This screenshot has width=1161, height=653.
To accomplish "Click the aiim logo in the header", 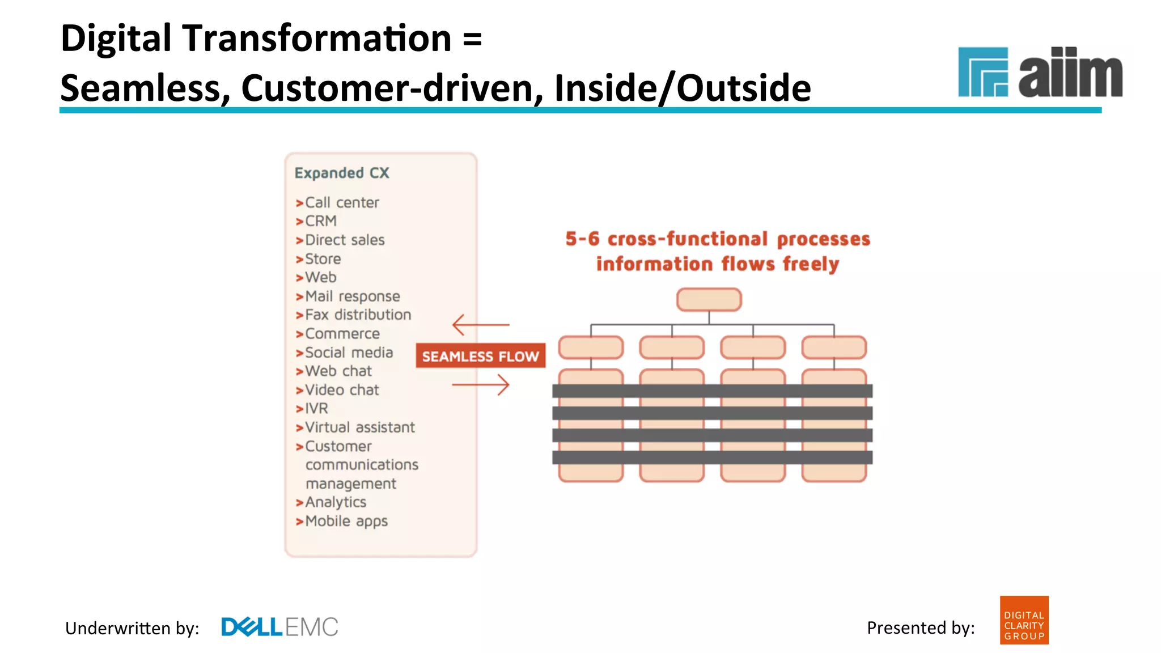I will coord(1040,73).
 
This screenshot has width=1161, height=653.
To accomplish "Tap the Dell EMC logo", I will coord(279,627).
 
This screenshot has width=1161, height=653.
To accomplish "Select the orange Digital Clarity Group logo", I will coord(1024,620).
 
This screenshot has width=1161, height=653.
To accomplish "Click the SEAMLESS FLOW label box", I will coord(480,356).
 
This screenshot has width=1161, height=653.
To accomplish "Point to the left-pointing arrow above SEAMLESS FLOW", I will coord(481,325).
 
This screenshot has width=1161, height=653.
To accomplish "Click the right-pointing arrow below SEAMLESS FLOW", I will coord(481,385).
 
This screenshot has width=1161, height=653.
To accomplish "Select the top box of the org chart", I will coord(709,299).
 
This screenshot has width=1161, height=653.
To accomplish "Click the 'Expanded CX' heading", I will coord(342,173).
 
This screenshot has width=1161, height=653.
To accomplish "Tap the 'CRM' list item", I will coord(320,221).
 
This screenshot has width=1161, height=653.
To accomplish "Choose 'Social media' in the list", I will coord(349,353).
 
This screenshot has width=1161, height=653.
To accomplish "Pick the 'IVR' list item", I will coord(316,409).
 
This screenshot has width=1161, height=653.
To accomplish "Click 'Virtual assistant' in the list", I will coord(360,427).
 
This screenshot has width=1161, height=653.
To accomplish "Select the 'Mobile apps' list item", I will coord(346,521).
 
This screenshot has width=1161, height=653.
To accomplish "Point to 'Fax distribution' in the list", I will coord(358,315).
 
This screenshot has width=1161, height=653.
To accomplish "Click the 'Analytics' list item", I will coord(336,502).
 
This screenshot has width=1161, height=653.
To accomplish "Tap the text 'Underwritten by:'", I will coord(132,628).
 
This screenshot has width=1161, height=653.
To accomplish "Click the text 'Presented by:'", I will coord(921,627).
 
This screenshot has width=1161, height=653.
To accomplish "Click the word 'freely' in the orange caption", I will coord(811,265).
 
